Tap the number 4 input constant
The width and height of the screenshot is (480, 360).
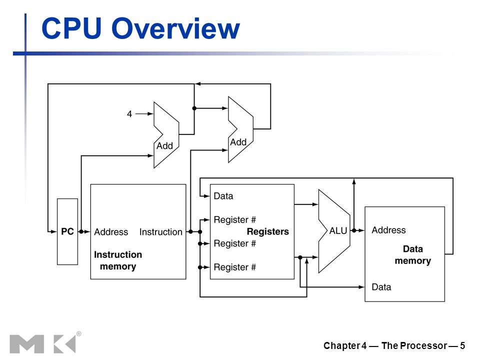pyautogui.click(x=129, y=114)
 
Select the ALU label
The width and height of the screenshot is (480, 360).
pyautogui.click(x=338, y=231)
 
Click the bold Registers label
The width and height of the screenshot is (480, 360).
pyautogui.click(x=268, y=231)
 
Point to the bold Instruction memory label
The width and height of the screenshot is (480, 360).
pyautogui.click(x=118, y=260)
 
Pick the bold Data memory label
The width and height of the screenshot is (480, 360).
pyautogui.click(x=413, y=254)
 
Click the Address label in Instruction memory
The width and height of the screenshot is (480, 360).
pyautogui.click(x=111, y=232)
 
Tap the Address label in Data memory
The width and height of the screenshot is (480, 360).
pyautogui.click(x=389, y=230)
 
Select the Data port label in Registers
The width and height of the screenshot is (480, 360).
pyautogui.click(x=223, y=196)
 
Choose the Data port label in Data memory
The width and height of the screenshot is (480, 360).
pyautogui.click(x=381, y=287)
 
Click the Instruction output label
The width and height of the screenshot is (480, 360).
pyautogui.click(x=160, y=232)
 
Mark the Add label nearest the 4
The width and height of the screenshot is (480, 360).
pyautogui.click(x=164, y=146)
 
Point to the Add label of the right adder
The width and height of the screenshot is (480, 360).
pyautogui.click(x=238, y=142)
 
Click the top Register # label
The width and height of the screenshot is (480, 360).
pyautogui.click(x=235, y=220)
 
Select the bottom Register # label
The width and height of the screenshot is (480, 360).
pyautogui.click(x=235, y=267)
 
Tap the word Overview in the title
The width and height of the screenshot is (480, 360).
pyautogui.click(x=175, y=28)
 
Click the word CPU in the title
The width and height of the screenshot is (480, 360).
pyautogui.click(x=71, y=28)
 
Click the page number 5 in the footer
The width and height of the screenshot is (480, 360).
pyautogui.click(x=462, y=346)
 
